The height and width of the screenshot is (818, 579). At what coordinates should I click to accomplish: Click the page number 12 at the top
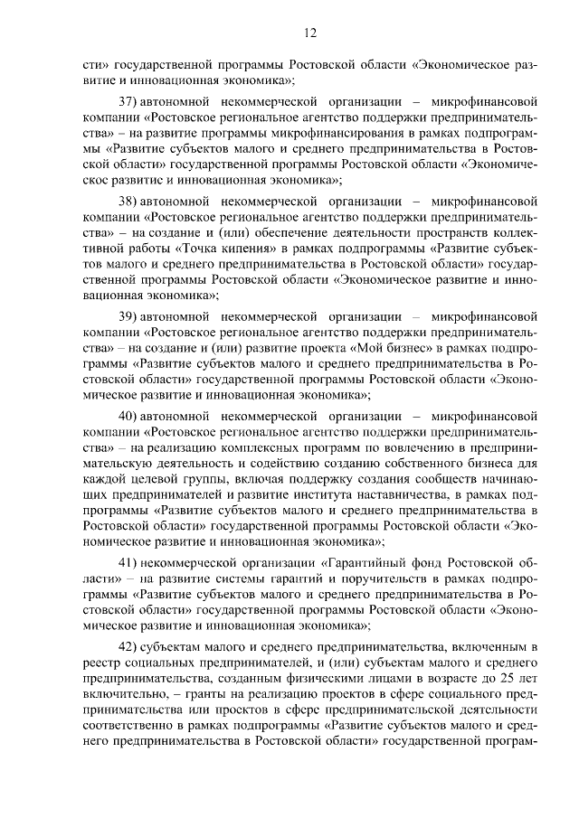309,33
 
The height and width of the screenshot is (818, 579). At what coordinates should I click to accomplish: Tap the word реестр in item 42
100,663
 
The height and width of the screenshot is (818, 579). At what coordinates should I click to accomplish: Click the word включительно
123,695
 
